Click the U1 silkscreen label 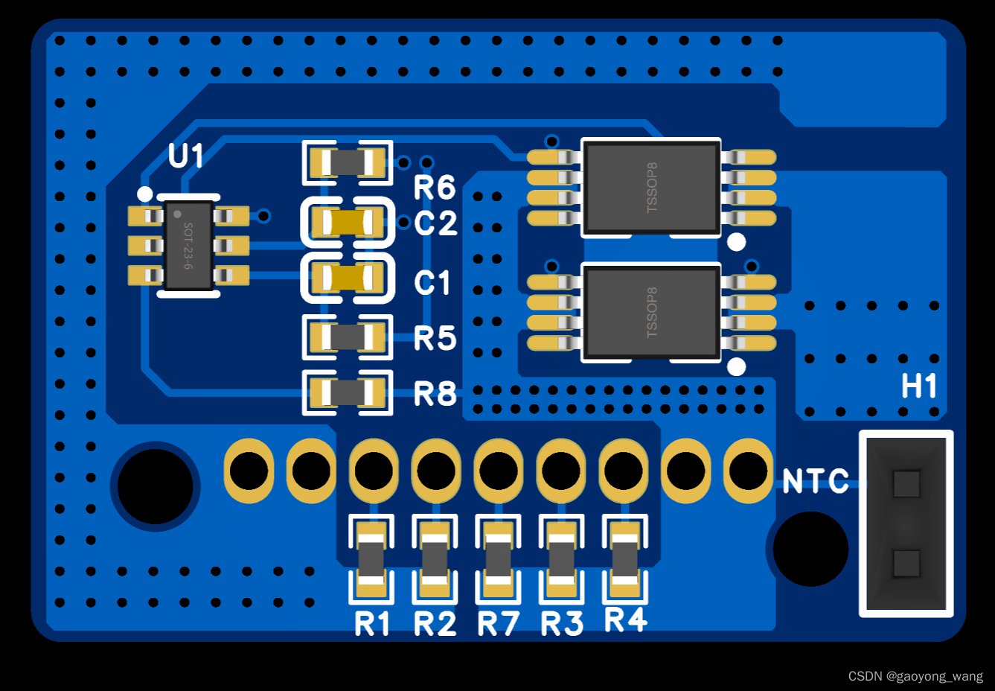(x=185, y=157)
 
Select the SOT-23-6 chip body (x=188, y=245)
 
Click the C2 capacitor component (x=348, y=222)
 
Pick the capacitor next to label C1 (x=348, y=278)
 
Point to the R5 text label (x=435, y=339)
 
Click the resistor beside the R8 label (x=348, y=392)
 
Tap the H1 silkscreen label (x=919, y=386)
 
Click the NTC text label (x=816, y=482)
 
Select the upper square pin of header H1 (x=906, y=484)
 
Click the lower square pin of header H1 (x=906, y=564)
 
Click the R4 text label (x=625, y=620)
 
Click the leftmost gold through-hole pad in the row (x=249, y=471)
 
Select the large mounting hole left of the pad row (x=156, y=486)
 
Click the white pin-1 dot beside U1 (x=145, y=194)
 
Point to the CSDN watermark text (x=915, y=676)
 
